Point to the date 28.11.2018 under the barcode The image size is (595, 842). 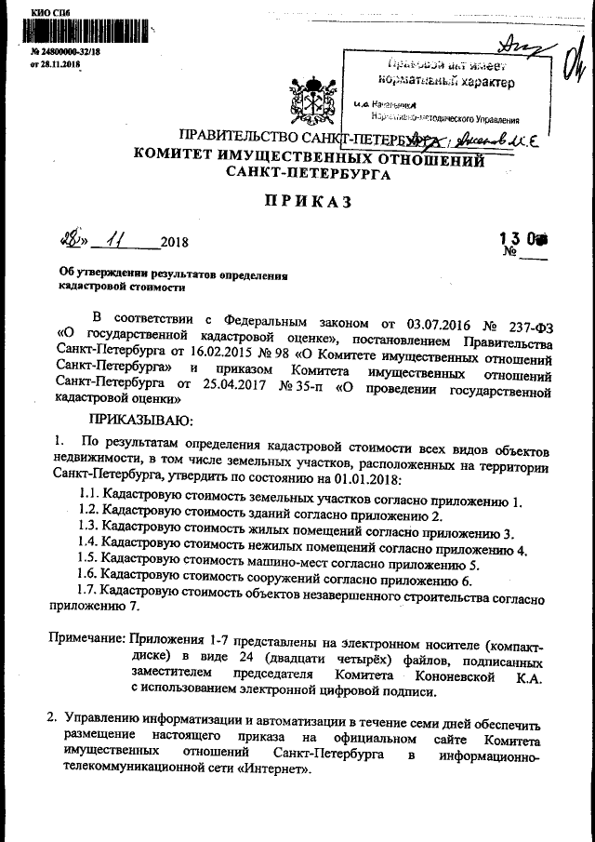pos(59,64)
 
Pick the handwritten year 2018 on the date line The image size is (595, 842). pos(174,243)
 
